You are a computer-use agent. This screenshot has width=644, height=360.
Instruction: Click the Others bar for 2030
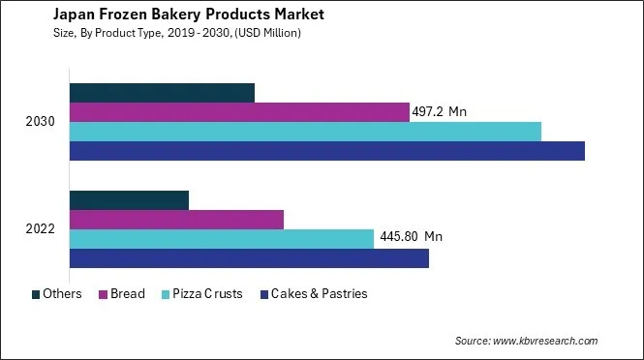pyautogui.click(x=162, y=93)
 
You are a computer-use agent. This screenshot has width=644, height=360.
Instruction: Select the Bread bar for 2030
pyautogui.click(x=239, y=112)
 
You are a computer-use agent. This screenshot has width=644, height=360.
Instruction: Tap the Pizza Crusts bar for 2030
pyautogui.click(x=305, y=132)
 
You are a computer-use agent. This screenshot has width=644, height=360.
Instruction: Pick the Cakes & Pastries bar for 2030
pyautogui.click(x=327, y=151)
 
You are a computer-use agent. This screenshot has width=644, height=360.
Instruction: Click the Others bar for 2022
pyautogui.click(x=129, y=200)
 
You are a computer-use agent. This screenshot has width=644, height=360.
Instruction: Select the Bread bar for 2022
pyautogui.click(x=176, y=220)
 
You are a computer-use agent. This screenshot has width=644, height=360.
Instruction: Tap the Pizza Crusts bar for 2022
pyautogui.click(x=222, y=239)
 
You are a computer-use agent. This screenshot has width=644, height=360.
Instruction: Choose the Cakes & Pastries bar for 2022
pyautogui.click(x=249, y=258)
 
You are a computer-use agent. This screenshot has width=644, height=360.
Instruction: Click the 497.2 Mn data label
pyautogui.click(x=441, y=112)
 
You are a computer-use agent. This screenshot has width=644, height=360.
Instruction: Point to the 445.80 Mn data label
pyautogui.click(x=411, y=236)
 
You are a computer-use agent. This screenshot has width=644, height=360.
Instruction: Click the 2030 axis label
pyautogui.click(x=41, y=122)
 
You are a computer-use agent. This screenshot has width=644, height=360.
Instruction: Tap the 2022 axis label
pyautogui.click(x=41, y=229)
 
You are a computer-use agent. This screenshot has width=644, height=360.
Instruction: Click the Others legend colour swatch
pyautogui.click(x=36, y=294)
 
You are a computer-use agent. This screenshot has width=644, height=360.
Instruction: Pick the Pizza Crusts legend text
pyautogui.click(x=208, y=294)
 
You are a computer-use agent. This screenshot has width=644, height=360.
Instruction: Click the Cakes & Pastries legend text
pyautogui.click(x=319, y=294)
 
